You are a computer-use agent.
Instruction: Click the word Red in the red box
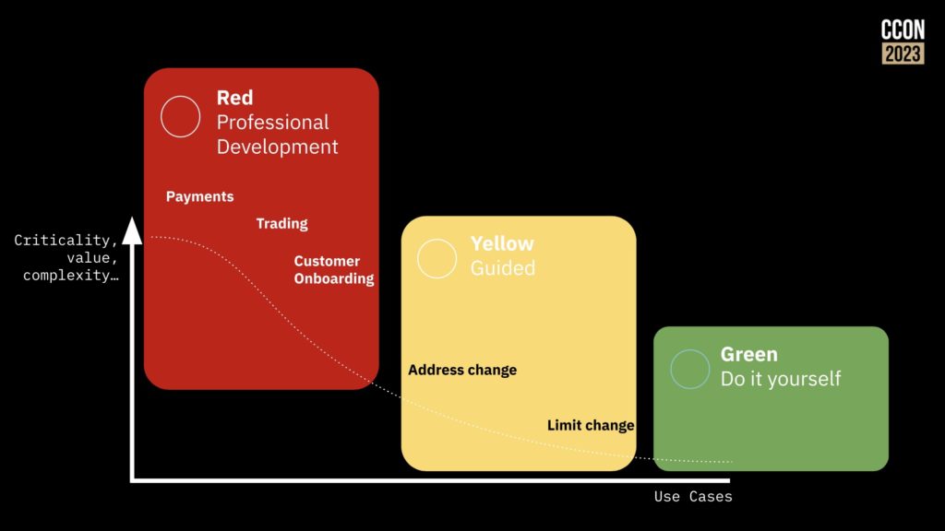point(234,98)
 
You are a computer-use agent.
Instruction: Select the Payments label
point(199,197)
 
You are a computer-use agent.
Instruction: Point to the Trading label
point(281,224)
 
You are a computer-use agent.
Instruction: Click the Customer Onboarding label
point(334,270)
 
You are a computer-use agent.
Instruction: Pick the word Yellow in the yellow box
point(502,243)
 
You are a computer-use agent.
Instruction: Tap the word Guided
point(503,268)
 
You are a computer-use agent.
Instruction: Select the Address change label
point(462,370)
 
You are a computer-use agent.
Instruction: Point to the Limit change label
point(591,426)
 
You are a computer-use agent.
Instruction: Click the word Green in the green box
point(749,354)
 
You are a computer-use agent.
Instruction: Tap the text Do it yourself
point(781,379)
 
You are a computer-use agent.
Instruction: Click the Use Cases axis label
point(693,497)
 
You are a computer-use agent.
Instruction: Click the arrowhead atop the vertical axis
point(132,231)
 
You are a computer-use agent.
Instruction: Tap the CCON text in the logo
point(903,29)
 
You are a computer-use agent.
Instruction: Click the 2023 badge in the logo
point(903,53)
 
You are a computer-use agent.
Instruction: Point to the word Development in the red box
point(277,147)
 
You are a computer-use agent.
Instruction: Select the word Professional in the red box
point(272,123)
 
